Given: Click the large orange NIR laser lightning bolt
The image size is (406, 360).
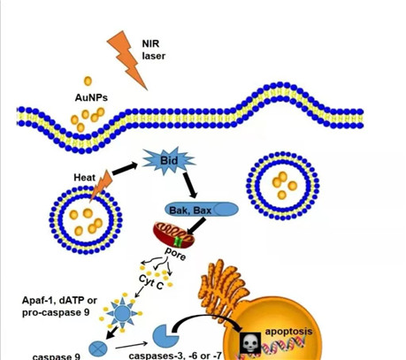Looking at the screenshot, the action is coord(127,59).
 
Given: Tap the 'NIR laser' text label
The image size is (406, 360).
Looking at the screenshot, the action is coord(153,50).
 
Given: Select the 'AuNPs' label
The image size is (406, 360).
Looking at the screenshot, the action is coord(91,97).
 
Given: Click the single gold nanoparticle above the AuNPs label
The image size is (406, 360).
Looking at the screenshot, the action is coord(88,81).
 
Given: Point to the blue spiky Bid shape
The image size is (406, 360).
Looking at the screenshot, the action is coord(169,161).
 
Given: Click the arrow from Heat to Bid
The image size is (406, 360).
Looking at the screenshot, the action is coord(125,168).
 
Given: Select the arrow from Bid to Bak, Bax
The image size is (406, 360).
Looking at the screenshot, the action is coord(189,185).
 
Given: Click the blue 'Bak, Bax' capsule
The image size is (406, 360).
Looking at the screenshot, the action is coord(202,211).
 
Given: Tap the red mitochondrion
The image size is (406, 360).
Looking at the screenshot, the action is coord(173,235).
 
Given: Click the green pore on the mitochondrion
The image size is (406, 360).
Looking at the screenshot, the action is coord(178,241).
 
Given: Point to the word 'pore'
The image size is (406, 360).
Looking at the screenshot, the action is coord(175,254).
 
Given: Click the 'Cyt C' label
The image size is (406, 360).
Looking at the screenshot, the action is coord(150,282).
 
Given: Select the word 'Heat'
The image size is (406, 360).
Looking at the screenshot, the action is coord(85,178).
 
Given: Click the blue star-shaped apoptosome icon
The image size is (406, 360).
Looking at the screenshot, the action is coord(122,313).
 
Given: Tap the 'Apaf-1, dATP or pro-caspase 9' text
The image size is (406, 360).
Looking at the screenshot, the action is coord(59,306).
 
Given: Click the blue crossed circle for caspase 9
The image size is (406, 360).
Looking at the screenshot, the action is coord(98,349).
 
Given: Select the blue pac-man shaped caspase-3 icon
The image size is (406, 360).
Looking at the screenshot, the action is coord(165,336).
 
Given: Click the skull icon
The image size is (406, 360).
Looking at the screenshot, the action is coord(250,343).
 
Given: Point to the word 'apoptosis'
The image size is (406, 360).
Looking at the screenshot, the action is coord(288,332).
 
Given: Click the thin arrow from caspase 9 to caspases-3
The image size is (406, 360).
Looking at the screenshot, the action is coord(131,346).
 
